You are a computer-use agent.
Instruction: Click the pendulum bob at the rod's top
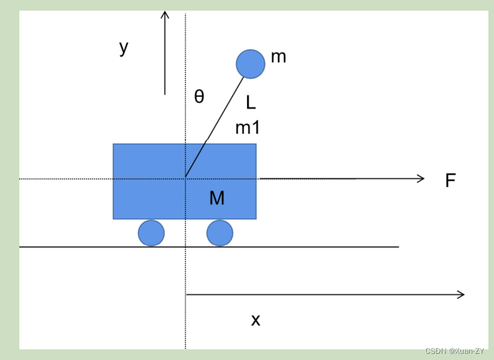(x=250, y=64)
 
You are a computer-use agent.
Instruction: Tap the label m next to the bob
(x=278, y=57)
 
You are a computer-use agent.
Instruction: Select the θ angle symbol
(x=199, y=97)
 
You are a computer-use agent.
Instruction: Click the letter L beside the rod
(x=251, y=102)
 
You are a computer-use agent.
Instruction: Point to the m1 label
(x=248, y=128)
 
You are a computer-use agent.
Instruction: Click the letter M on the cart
(x=216, y=198)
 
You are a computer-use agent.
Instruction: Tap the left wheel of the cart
(x=151, y=233)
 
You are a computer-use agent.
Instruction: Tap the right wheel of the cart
(x=220, y=233)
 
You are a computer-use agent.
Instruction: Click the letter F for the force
(x=450, y=181)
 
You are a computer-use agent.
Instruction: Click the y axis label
(x=124, y=47)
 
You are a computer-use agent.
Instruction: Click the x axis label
(x=256, y=320)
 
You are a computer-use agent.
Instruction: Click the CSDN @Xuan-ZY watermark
(x=455, y=351)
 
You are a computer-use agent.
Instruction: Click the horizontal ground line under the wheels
(x=312, y=247)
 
